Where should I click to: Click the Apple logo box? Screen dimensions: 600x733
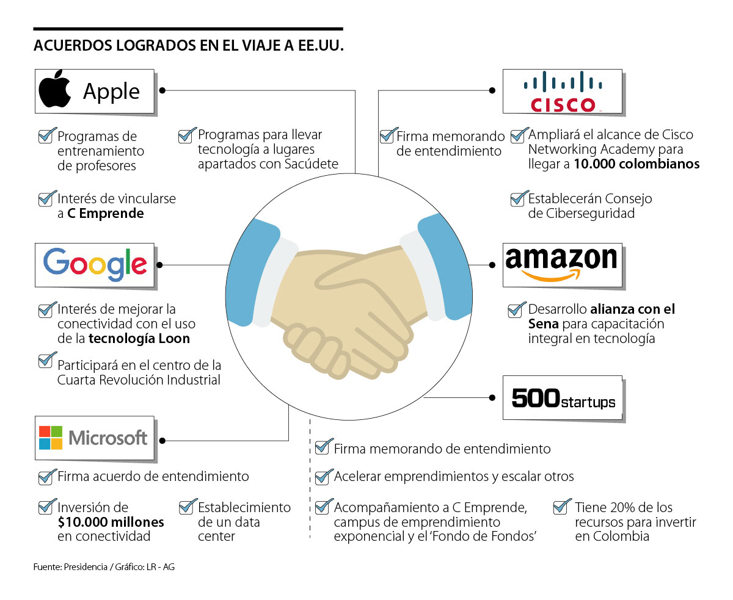pos(94,91)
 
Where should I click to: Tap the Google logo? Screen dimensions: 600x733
pos(95,265)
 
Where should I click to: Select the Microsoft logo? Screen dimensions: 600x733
pos(94,438)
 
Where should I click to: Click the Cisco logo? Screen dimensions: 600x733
pos(562,92)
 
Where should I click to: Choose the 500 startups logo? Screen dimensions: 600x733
pos(563,399)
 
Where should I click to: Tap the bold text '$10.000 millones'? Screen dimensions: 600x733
pos(111,522)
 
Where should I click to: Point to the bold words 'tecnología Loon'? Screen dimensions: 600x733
pos(139,339)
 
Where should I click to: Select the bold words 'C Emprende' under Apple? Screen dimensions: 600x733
pos(105,214)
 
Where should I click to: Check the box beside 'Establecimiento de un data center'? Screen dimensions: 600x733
pos(187,507)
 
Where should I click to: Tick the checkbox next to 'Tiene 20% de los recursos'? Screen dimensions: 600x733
pos(561,507)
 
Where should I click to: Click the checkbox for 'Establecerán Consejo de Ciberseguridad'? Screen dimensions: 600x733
pos(519,198)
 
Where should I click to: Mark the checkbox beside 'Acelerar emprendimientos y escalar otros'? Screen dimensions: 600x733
pos(323,476)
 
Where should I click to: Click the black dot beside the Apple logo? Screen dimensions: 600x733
pos(162,90)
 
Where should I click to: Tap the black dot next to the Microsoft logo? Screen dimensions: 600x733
pos(162,440)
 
